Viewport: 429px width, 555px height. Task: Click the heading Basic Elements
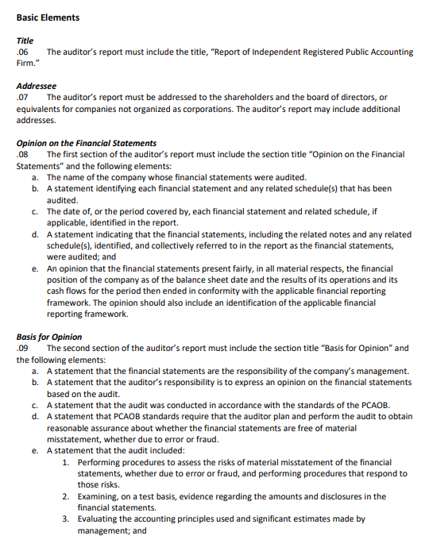48,17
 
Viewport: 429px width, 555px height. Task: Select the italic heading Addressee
37,86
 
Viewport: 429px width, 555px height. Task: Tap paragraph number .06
23,52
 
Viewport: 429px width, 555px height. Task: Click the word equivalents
41,109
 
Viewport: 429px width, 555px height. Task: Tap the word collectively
180,245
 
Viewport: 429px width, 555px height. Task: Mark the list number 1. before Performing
65,462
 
